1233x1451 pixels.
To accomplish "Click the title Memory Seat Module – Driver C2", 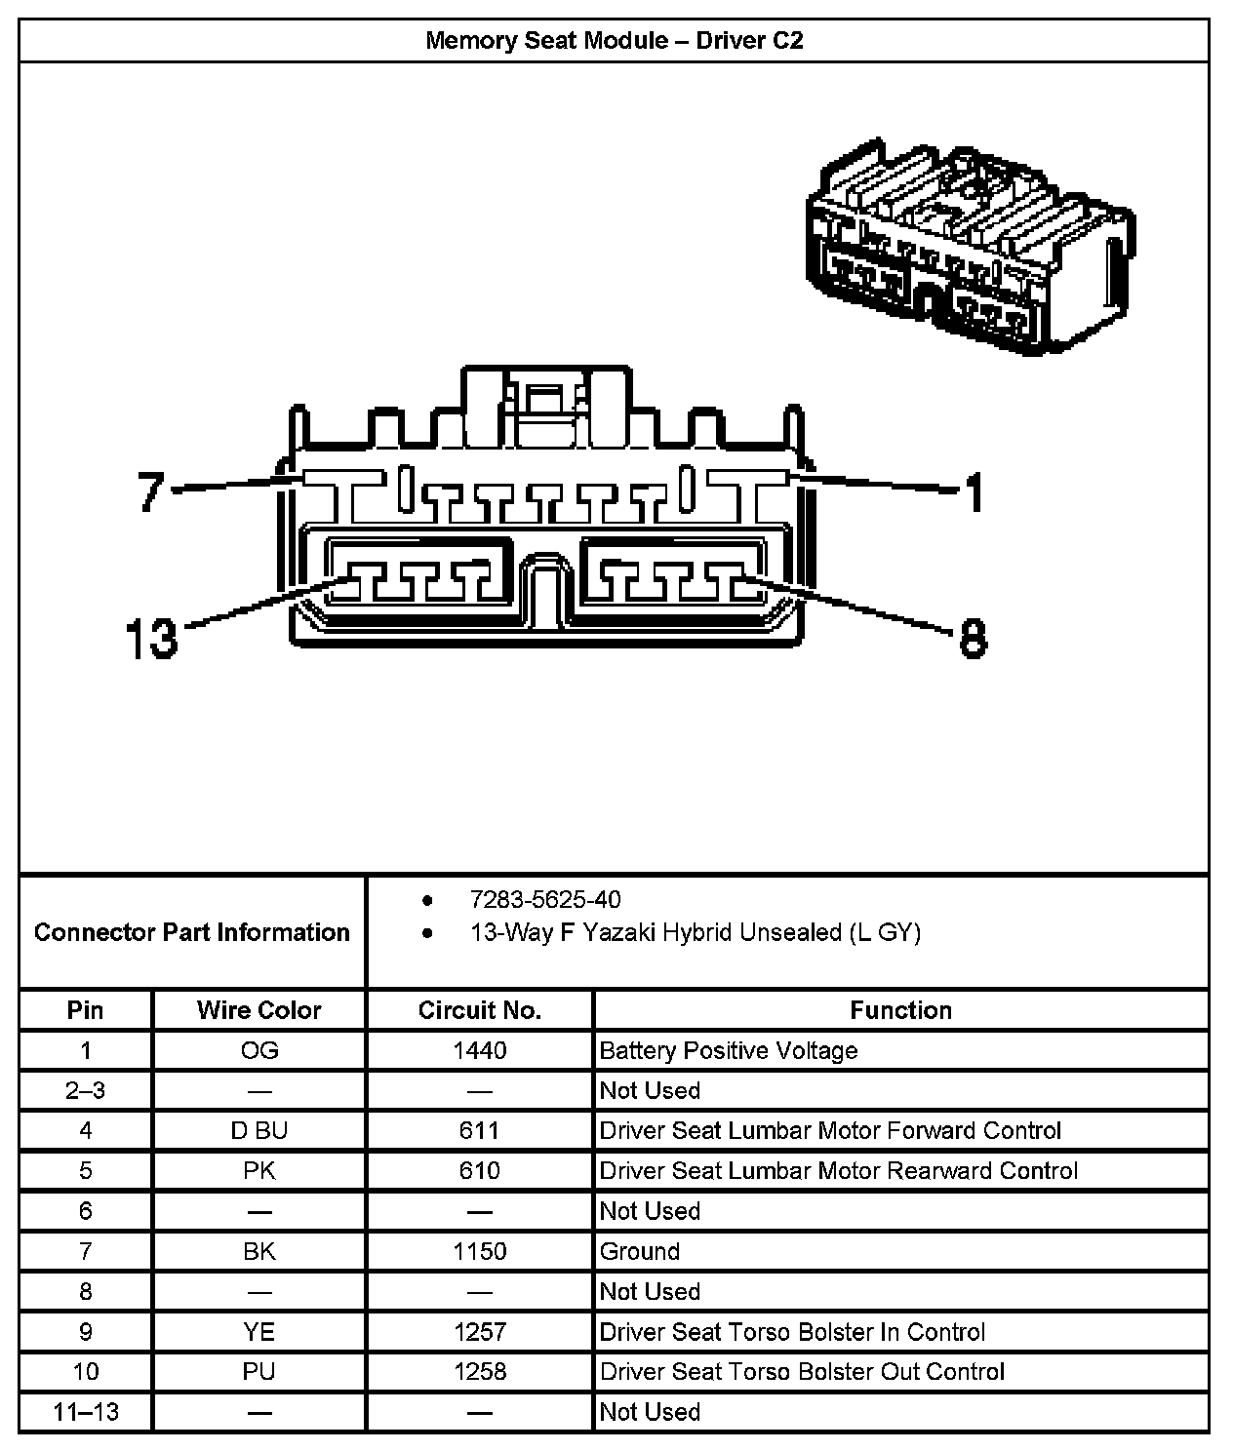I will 614,41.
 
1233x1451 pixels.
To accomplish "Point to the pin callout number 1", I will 974,492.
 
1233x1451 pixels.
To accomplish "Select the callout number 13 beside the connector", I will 152,639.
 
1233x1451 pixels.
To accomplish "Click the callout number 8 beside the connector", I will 973,640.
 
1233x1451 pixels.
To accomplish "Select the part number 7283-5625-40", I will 544,899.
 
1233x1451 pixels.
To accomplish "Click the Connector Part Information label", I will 191,932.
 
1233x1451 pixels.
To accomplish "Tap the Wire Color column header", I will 259,1010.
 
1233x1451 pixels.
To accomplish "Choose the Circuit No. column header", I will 479,1010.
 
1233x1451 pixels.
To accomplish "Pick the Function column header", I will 900,1010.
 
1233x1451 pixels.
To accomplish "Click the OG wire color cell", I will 259,1050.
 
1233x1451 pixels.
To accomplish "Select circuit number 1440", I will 479,1050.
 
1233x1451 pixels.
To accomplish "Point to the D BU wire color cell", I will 259,1130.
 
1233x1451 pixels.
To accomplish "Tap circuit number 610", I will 479,1170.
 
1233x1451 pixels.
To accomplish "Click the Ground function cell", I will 639,1251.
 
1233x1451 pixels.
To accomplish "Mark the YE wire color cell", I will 259,1332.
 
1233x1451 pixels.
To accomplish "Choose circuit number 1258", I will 479,1372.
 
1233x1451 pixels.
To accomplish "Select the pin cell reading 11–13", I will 86,1412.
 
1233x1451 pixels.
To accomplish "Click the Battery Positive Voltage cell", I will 728,1050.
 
